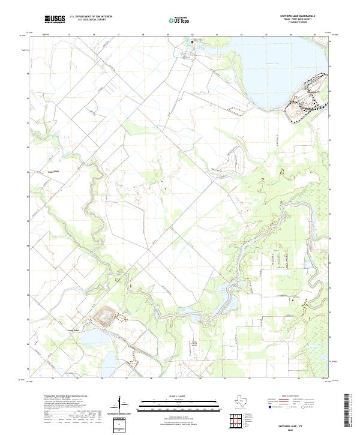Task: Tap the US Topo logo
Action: (181, 19)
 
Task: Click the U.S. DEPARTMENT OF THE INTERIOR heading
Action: (91, 16)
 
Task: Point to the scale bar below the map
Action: (179, 404)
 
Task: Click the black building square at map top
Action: (193, 41)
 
